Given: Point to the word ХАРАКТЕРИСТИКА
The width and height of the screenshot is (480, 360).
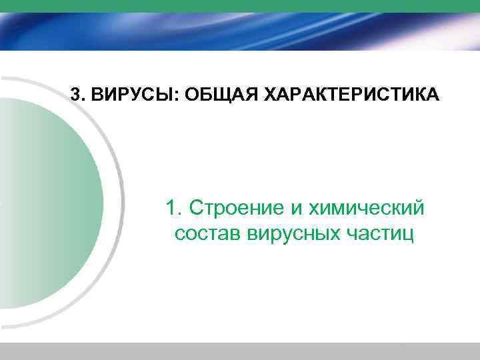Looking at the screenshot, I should click(344, 94).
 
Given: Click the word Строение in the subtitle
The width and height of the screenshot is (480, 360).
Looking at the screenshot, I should click(236, 208).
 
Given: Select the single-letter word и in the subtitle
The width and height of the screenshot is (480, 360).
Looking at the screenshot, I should click(295, 209).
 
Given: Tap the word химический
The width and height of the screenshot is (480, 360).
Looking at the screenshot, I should click(366, 208).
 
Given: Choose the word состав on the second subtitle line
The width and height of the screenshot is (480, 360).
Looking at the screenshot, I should click(207, 235).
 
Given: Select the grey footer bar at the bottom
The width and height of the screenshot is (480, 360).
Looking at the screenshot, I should click(240, 351).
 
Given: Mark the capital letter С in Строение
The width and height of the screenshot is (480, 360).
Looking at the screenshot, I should click(197, 208).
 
